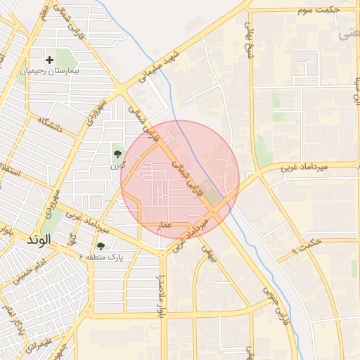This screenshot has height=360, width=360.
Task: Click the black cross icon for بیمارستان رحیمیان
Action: point(50,60)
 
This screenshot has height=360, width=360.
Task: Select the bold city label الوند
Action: point(39,240)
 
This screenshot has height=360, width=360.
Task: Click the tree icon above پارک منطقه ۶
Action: point(101,247)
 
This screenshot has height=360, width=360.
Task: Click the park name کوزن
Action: point(117,166)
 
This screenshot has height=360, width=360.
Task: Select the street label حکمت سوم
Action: point(319,11)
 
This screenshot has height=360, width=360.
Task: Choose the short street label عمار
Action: point(165,224)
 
